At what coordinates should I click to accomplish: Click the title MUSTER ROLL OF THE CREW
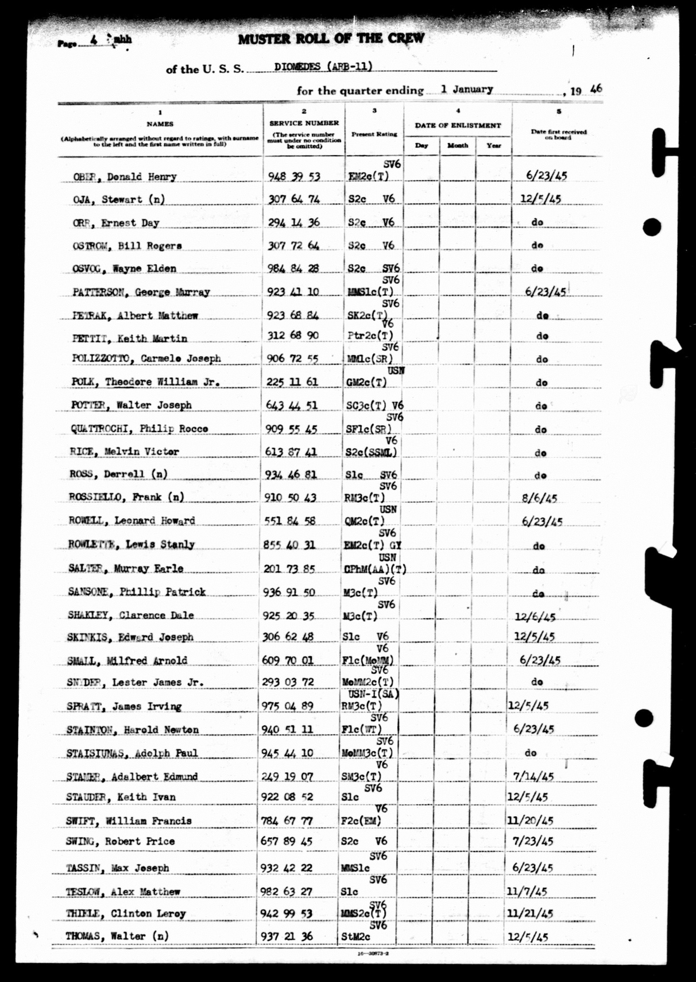coord(331,39)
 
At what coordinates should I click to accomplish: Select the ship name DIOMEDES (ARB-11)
coord(323,66)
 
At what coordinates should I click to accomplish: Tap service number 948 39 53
coord(294,176)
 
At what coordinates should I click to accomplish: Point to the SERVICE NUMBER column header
coord(304,123)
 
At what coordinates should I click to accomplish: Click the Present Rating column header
coord(374,134)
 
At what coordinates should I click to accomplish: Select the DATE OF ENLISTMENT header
coord(458,125)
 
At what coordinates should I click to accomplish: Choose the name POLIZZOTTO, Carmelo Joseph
coord(146,359)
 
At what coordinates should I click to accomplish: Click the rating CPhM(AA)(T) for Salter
coord(375,569)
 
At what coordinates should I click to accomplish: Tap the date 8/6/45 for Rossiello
coord(539,498)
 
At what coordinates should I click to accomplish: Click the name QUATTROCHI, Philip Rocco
coord(139,429)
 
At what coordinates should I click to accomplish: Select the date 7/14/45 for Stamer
coord(533,777)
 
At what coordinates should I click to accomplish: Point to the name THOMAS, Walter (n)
coord(117,936)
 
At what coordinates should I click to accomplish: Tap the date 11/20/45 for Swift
coord(530,821)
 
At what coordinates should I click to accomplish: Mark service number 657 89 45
coord(287,841)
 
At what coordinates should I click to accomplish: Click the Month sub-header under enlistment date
coord(458,145)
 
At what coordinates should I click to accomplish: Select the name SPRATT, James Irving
coord(124,706)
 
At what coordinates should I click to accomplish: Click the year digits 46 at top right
coord(596,88)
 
